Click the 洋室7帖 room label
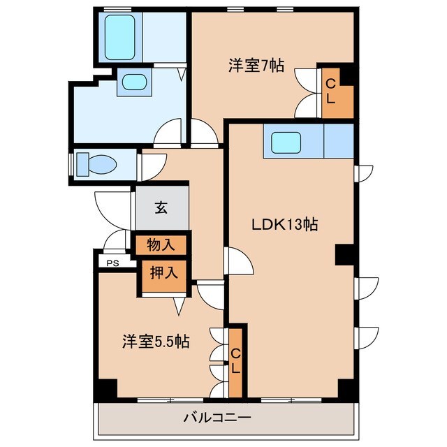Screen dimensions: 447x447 256,66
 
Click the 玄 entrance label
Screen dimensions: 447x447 161,207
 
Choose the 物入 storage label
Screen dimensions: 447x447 161,245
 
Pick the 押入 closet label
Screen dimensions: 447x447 163,272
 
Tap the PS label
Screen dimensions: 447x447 112,263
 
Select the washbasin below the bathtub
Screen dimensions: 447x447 134,82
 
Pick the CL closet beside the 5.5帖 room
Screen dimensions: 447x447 236,360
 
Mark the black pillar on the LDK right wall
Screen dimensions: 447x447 345,254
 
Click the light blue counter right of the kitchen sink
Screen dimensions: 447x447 339,142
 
